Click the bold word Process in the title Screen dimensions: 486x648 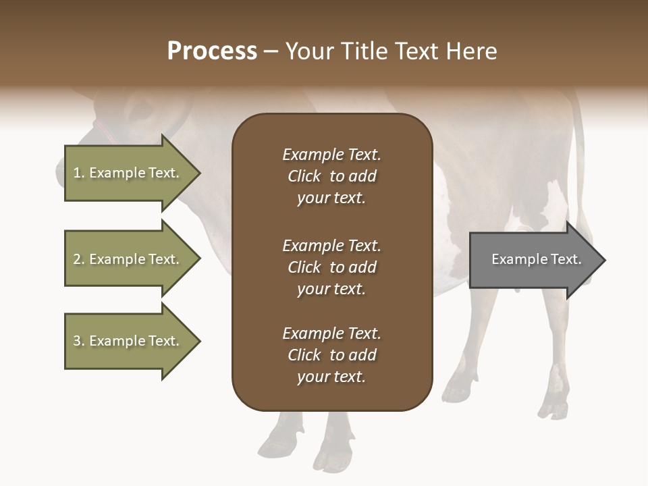click(212, 51)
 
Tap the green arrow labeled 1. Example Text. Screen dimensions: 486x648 click(128, 173)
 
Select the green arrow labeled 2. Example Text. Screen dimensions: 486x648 click(128, 259)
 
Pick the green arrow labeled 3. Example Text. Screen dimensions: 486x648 click(128, 341)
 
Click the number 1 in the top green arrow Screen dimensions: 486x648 click(77, 173)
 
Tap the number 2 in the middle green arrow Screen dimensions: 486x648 click(77, 259)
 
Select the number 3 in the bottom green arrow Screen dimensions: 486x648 click(77, 341)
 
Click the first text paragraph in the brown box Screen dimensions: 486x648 click(331, 176)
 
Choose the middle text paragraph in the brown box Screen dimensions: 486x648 click(331, 267)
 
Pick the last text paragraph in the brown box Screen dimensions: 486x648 click(331, 355)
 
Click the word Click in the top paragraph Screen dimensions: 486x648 click(304, 176)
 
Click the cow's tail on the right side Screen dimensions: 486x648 click(578, 155)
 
